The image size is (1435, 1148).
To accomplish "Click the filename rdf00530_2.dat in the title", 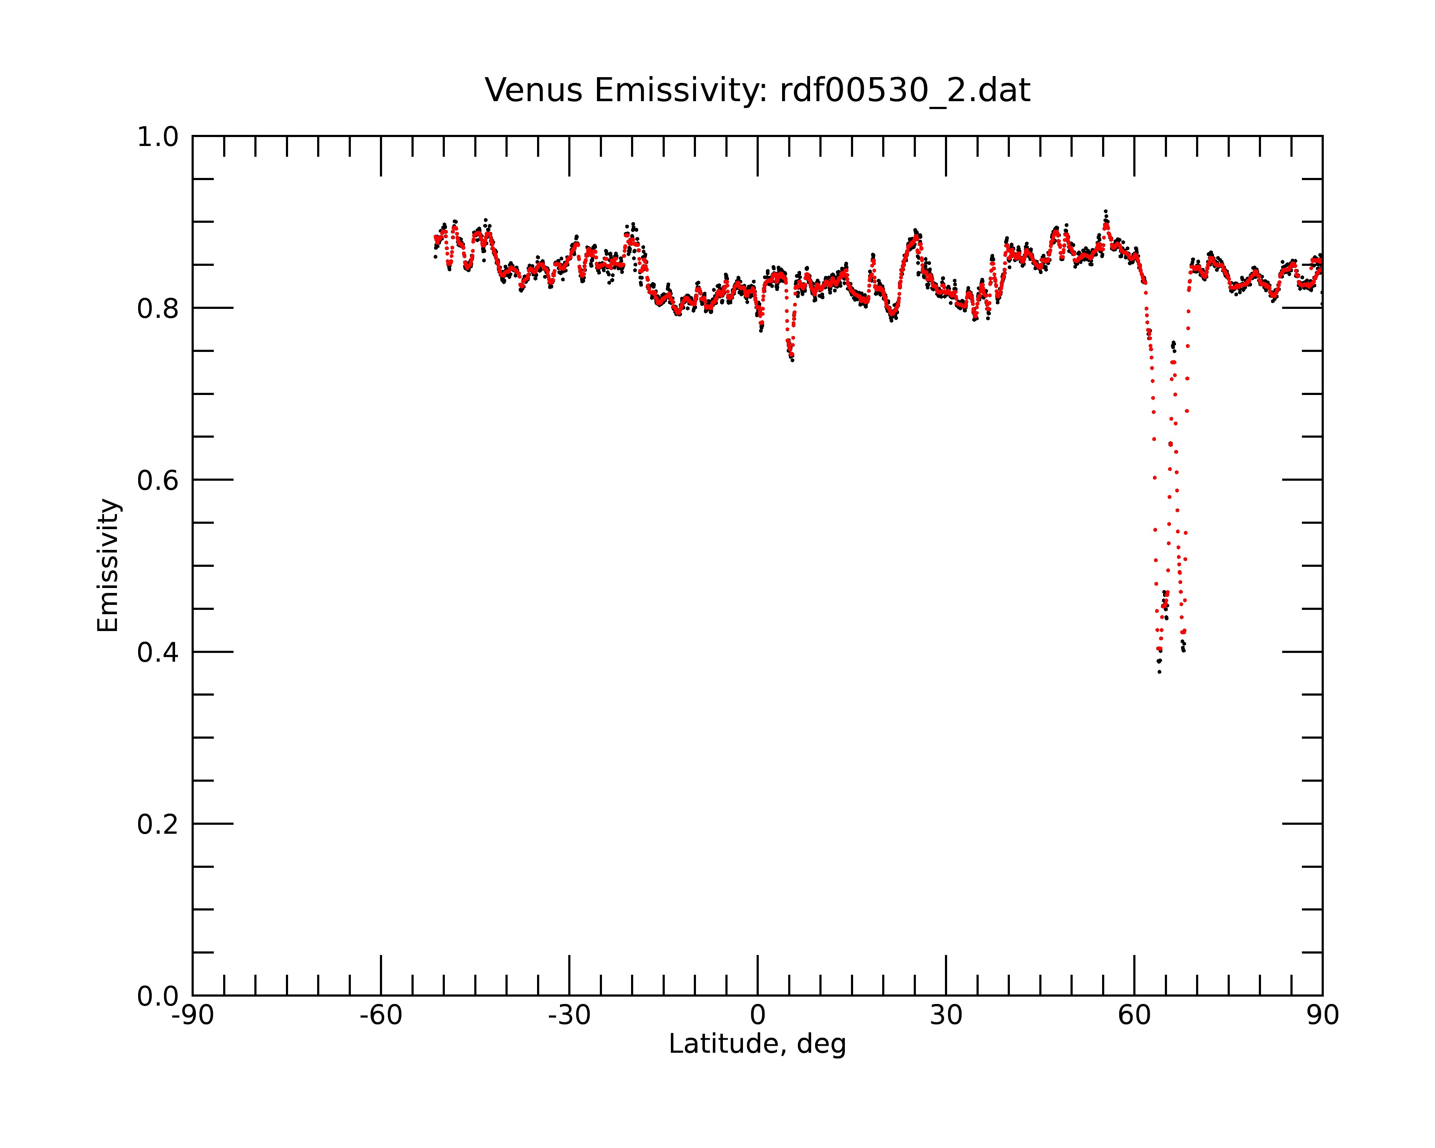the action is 905,90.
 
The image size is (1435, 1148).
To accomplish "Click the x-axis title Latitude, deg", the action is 757,1044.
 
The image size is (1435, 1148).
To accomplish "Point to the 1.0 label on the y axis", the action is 158,138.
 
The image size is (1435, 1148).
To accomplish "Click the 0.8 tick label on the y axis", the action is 158,309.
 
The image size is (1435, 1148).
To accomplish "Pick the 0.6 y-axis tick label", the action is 158,480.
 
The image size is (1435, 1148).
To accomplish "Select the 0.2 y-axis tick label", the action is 158,824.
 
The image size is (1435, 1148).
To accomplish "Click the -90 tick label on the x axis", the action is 192,1016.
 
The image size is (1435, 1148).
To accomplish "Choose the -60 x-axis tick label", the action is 381,1016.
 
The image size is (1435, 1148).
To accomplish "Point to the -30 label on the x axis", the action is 569,1016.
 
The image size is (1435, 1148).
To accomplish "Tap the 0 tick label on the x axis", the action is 757,1016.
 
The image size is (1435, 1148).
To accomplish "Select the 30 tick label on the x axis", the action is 946,1016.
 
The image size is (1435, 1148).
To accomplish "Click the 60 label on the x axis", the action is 1134,1016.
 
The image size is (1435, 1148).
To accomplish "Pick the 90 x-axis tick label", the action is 1322,1016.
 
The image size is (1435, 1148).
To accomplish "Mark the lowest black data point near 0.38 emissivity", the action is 1159,672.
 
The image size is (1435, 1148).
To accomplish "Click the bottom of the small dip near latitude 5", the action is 792,360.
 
